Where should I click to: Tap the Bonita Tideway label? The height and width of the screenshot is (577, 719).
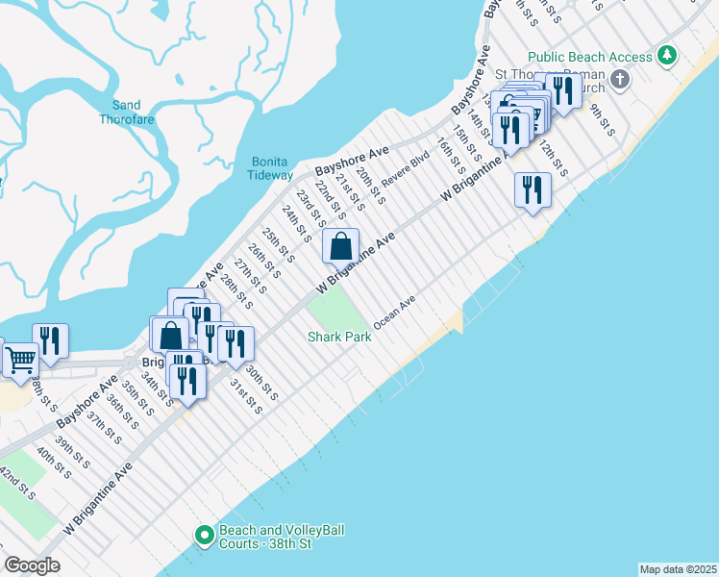(x=271, y=168)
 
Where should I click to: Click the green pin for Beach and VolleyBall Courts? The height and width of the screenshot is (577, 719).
(x=204, y=536)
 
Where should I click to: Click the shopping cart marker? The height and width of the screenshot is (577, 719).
(x=20, y=360)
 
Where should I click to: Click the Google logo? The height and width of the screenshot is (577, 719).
(x=32, y=565)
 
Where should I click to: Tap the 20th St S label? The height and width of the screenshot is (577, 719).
(x=370, y=187)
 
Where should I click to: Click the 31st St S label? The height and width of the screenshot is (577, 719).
(x=246, y=396)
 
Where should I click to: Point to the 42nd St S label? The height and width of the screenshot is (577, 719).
(x=17, y=484)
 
